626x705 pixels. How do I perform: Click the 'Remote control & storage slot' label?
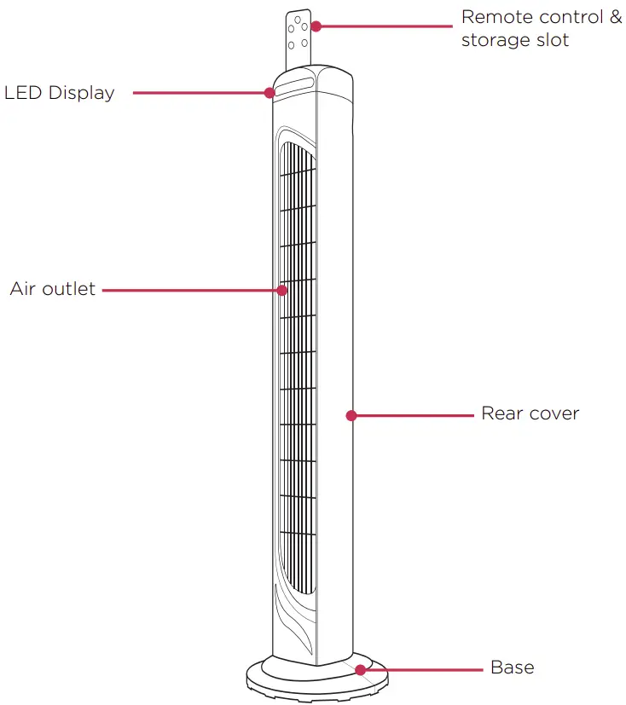541,28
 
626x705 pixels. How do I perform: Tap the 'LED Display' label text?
60,93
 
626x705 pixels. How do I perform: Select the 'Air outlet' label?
53,289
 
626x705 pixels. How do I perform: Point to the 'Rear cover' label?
530,413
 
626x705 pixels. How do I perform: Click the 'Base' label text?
513,667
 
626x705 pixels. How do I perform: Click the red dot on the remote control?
316,26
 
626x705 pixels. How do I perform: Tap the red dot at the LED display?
270,92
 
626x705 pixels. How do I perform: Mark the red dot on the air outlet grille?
281,290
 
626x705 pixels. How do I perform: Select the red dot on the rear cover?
351,415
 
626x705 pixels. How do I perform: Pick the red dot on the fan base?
362,669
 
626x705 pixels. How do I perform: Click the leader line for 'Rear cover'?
414,415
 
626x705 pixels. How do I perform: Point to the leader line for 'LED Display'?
200,92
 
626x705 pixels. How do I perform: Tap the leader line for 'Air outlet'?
192,290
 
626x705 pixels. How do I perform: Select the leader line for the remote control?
384,26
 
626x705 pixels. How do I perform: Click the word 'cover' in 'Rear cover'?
554,413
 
